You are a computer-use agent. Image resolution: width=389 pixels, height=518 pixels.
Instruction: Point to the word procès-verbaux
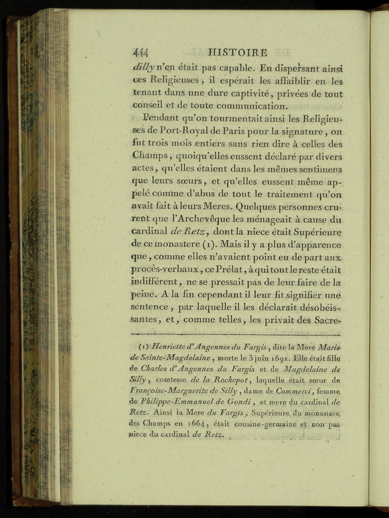click(x=169, y=275)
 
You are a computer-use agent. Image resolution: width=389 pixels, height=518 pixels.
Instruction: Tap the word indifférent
click(x=158, y=289)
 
